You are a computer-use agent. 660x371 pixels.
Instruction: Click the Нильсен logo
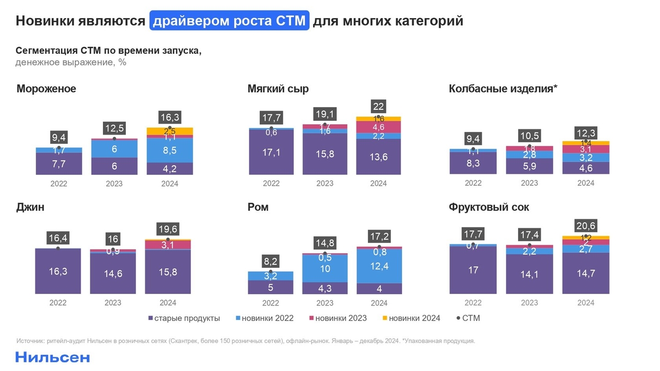[x=52, y=357]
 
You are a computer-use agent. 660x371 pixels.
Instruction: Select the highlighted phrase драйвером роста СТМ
[x=229, y=21]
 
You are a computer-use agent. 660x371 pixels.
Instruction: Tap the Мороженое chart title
[x=46, y=89]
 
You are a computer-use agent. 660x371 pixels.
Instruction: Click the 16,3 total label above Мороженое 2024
[x=169, y=117]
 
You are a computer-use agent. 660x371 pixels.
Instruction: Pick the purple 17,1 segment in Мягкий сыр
[x=271, y=153]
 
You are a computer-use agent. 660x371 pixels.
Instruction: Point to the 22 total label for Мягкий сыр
[x=378, y=106]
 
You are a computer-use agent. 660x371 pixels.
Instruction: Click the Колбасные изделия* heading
[x=503, y=89]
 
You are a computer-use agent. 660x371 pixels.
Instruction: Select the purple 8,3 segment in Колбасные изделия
[x=473, y=163]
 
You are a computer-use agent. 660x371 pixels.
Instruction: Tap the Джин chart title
[x=31, y=208]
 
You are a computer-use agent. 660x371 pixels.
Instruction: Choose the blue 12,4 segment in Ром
[x=379, y=266]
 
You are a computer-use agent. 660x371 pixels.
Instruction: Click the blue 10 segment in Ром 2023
[x=325, y=268]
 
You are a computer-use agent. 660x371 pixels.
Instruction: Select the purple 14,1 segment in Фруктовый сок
[x=529, y=274]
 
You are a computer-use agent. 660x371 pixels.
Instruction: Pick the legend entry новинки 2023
[x=338, y=318]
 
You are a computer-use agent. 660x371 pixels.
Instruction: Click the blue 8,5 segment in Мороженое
[x=169, y=150]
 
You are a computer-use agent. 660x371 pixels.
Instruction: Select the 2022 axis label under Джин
[x=59, y=303]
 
